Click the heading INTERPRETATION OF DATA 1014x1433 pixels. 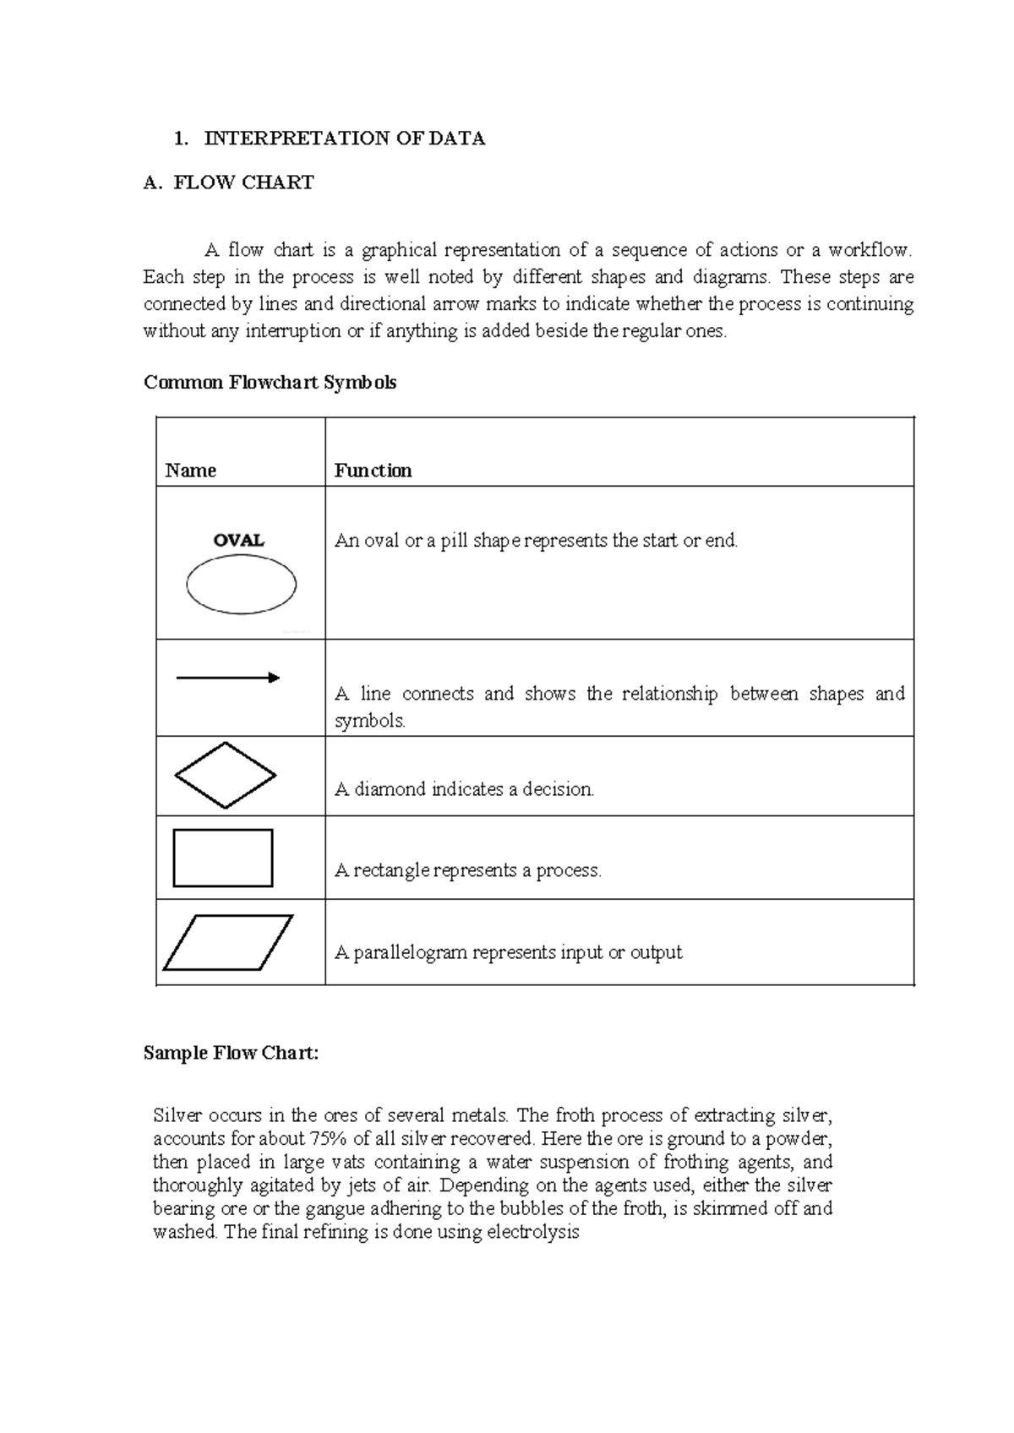click(x=344, y=139)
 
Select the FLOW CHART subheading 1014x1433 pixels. click(x=243, y=183)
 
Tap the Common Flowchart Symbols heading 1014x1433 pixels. click(x=270, y=382)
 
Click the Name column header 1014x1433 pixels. click(x=190, y=471)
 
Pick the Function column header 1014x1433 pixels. click(x=373, y=471)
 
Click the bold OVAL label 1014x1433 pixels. click(x=239, y=540)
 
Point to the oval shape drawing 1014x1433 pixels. click(x=241, y=585)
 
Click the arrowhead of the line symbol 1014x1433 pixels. click(x=273, y=678)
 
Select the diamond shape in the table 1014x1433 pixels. click(x=225, y=775)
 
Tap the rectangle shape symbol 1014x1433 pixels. click(x=222, y=858)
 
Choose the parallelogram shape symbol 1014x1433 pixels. click(x=227, y=942)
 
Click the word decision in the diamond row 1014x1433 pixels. click(x=558, y=789)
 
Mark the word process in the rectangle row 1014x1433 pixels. click(x=569, y=870)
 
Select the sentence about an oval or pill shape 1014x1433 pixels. click(x=536, y=540)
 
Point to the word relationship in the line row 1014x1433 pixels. click(x=669, y=694)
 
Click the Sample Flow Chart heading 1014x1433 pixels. click(x=231, y=1053)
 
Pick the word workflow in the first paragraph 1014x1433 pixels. click(x=870, y=250)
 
